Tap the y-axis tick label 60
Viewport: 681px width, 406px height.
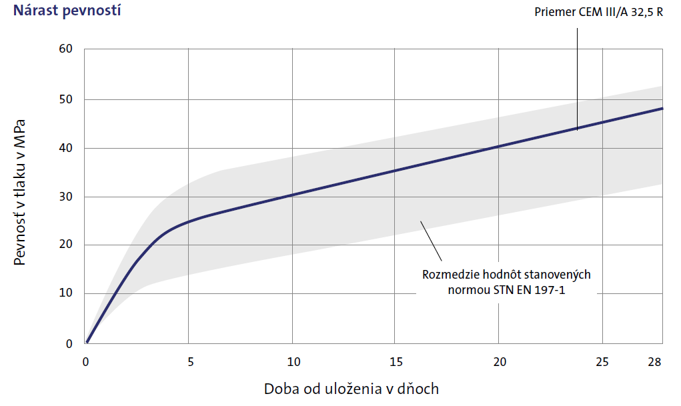[66, 49]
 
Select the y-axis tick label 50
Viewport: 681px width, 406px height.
[66, 99]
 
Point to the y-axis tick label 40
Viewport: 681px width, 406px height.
[66, 148]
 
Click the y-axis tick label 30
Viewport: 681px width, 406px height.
[66, 197]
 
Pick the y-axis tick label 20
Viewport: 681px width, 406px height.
[66, 245]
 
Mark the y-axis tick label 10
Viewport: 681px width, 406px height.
[66, 293]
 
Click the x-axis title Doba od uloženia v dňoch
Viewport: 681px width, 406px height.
[352, 388]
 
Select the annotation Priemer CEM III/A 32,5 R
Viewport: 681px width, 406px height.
[598, 13]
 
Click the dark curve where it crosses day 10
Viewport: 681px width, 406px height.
[292, 195]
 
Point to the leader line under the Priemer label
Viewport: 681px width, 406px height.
[577, 73]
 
